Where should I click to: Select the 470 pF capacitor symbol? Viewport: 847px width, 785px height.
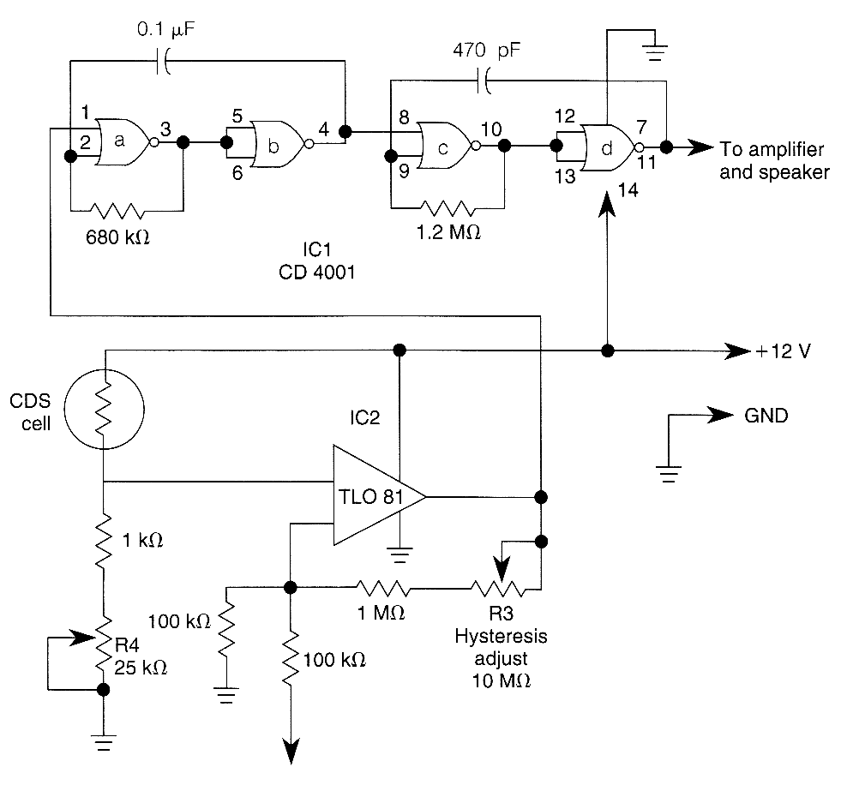[485, 82]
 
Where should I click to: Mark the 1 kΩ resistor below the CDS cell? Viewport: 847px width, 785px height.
[103, 540]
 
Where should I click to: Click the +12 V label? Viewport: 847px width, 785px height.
[782, 351]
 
